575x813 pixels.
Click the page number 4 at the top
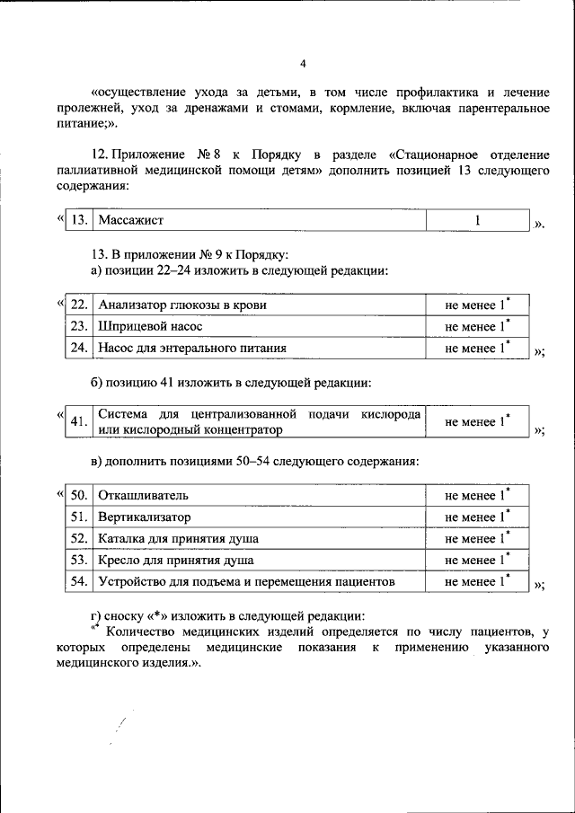click(x=303, y=63)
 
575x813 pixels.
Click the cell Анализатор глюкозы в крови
click(x=182, y=305)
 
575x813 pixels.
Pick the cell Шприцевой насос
click(x=151, y=326)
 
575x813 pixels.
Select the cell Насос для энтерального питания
click(x=193, y=348)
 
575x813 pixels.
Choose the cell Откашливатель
click(x=144, y=496)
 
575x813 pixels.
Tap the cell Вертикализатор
click(x=145, y=517)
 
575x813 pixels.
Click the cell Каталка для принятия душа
click(x=179, y=539)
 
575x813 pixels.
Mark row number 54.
click(x=79, y=582)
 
